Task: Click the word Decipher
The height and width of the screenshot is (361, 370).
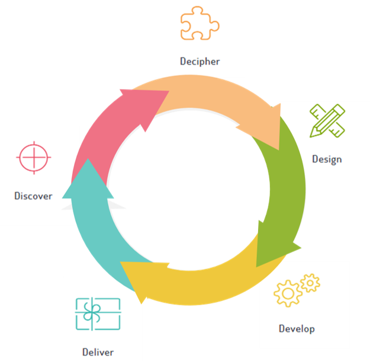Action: click(200, 62)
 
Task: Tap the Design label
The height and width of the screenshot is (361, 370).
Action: click(327, 159)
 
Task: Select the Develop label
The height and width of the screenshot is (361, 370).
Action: click(297, 329)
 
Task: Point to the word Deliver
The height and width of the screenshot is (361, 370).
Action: click(98, 352)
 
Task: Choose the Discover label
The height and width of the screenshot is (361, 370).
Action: click(33, 196)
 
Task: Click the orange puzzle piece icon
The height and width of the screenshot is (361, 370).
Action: click(200, 23)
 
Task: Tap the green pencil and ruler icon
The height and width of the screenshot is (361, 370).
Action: click(327, 120)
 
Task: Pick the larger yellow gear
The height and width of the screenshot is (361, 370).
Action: click(288, 293)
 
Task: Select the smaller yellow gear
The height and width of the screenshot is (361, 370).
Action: click(310, 283)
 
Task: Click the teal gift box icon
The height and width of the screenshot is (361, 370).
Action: click(98, 314)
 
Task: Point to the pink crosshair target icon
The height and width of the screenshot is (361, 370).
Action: click(34, 158)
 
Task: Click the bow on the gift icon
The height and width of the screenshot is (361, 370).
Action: click(92, 312)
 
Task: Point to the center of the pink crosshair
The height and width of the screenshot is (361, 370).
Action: click(34, 157)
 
